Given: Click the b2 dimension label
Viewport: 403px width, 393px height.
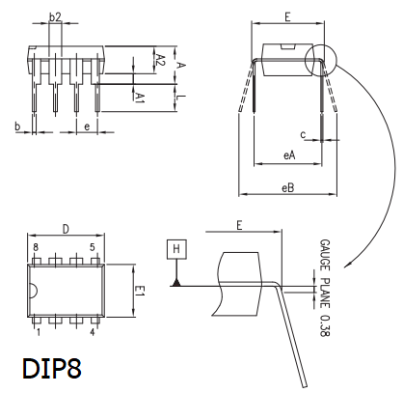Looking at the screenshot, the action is point(55,17).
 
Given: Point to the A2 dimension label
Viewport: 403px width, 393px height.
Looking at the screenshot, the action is point(160,60).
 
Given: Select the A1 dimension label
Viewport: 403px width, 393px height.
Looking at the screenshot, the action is point(140,98).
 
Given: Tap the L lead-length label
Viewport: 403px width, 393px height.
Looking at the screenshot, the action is point(181,97).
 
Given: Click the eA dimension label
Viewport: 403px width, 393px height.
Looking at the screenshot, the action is point(289,155).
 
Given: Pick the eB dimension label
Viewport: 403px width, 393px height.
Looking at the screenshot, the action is point(288,187).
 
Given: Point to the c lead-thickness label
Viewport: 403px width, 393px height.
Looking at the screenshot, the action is point(303,135).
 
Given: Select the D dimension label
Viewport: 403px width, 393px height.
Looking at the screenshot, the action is point(66,230).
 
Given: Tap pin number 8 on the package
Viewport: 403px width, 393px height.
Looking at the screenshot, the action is point(36,247).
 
